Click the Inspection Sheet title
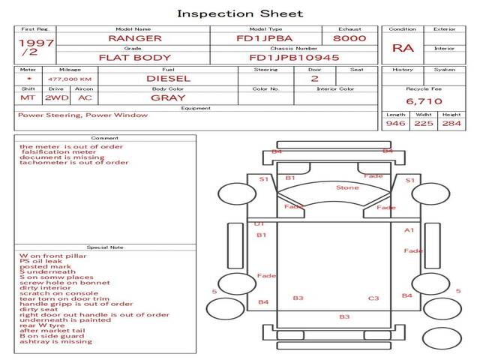[240, 13]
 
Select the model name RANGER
[134, 37]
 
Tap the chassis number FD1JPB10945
[294, 57]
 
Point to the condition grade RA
[403, 48]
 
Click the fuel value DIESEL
[167, 78]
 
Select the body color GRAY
[168, 97]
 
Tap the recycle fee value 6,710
[424, 100]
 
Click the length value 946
[395, 123]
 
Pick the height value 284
[451, 123]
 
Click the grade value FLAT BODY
[135, 57]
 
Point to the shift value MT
[27, 97]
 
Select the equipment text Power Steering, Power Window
[82, 115]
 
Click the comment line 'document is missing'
[52, 158]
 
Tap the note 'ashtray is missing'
[55, 341]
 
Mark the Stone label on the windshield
[347, 187]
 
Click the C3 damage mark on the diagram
[373, 298]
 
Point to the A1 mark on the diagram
[409, 230]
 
